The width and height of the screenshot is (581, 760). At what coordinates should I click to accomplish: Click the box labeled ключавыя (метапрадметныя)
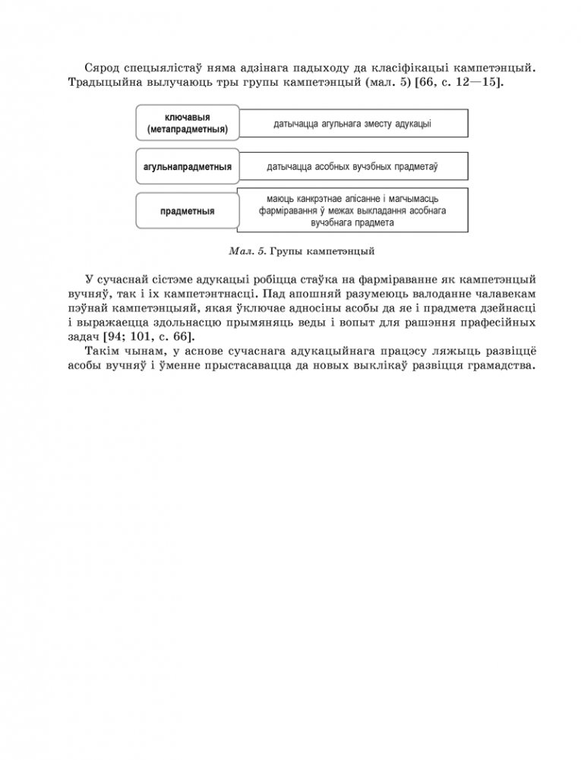pos(187,124)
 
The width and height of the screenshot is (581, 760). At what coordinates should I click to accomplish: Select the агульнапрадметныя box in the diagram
pos(187,166)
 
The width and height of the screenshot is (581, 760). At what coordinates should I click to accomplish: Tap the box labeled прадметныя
pos(187,211)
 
